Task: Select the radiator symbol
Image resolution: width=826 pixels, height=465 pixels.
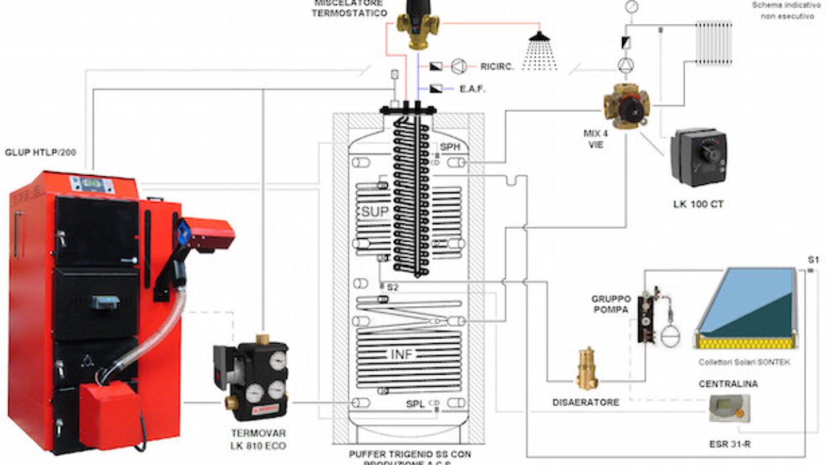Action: (x=714, y=43)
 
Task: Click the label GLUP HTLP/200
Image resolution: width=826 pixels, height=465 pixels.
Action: (x=39, y=152)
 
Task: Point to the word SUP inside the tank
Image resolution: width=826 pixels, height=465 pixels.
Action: (x=374, y=212)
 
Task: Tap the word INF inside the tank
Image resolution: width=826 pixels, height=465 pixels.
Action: (x=401, y=354)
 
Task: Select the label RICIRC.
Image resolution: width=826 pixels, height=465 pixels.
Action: (x=497, y=66)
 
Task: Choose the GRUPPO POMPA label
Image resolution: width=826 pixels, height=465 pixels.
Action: (x=611, y=304)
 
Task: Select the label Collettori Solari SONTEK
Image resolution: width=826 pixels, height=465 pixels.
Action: (x=744, y=362)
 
